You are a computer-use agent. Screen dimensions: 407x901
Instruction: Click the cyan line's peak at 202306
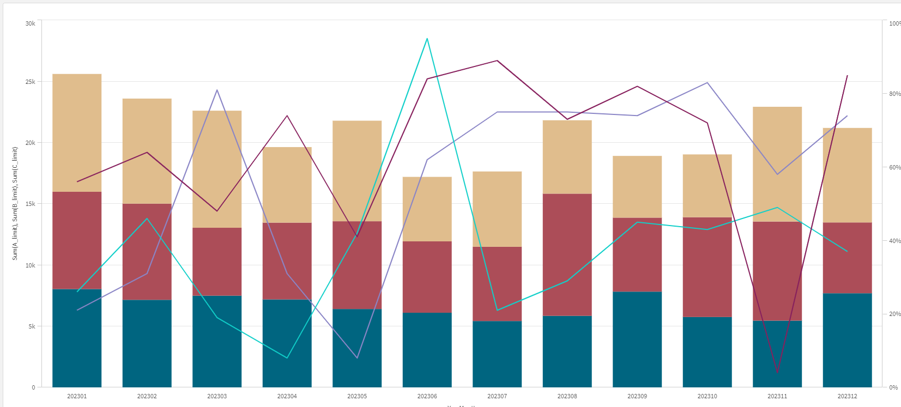point(427,39)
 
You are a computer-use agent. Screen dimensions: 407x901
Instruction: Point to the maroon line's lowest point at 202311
point(777,373)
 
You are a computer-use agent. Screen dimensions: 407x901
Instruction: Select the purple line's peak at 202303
point(217,90)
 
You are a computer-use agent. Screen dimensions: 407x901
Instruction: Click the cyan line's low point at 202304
point(287,358)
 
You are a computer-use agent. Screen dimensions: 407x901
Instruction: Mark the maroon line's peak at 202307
point(497,60)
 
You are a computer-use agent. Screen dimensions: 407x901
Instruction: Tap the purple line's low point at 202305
point(357,358)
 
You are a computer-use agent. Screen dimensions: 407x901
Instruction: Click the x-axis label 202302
point(147,396)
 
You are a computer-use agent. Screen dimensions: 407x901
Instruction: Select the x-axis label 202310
point(707,396)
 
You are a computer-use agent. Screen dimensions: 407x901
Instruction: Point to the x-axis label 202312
point(847,396)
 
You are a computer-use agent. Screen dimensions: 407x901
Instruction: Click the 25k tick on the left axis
point(31,82)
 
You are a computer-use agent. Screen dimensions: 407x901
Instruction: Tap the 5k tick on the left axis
point(32,326)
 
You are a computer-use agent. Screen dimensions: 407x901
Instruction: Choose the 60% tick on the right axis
point(894,167)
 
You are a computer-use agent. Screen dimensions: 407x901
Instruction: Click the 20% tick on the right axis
point(894,314)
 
